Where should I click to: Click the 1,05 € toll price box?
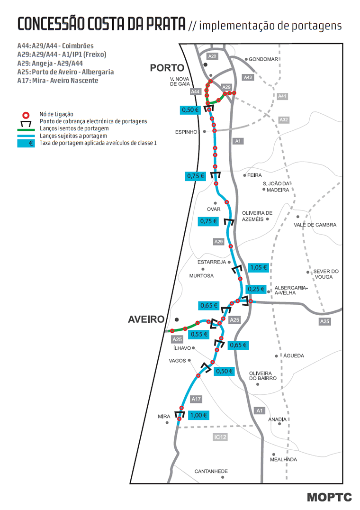coord(258,267)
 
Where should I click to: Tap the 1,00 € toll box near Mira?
coord(198,415)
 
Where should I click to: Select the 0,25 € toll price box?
coord(256,289)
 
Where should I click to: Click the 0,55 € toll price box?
coord(199,334)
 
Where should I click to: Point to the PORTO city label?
coord(167,68)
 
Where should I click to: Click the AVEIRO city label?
coord(146,319)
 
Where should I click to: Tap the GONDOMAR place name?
coord(263,59)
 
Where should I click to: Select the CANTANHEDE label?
coord(211,471)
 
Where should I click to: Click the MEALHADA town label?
coord(283,460)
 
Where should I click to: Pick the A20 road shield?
coord(212,56)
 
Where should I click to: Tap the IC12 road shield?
coord(220,437)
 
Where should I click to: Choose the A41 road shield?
coord(282,97)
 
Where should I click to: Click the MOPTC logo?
coord(329,497)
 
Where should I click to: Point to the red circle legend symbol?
coord(27,115)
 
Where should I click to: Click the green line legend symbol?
coord(27,129)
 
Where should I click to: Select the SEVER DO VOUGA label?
coord(326,274)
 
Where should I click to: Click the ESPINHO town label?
coord(186,132)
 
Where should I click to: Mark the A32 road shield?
coord(284,120)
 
